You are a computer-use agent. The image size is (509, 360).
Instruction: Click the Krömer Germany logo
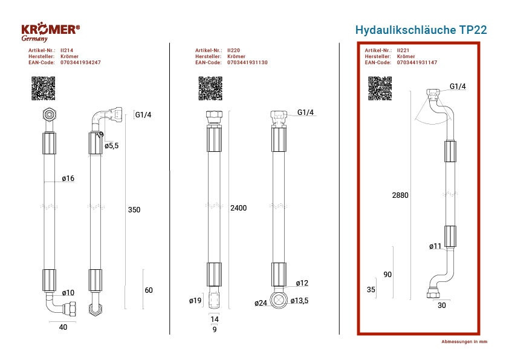click(x=50, y=32)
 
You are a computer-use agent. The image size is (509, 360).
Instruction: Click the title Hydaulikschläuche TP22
click(x=421, y=30)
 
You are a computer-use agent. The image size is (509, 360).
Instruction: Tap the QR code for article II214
click(x=43, y=88)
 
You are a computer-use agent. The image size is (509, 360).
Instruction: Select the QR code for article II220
click(x=210, y=88)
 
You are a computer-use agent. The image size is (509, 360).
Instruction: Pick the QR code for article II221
click(x=380, y=88)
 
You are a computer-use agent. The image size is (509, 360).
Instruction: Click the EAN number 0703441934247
click(x=80, y=62)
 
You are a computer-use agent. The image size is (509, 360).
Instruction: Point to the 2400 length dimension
click(x=239, y=208)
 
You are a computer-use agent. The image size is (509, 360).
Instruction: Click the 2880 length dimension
click(x=400, y=195)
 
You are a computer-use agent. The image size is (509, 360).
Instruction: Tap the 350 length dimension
click(x=134, y=210)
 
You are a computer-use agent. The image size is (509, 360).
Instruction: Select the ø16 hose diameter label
click(x=68, y=178)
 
